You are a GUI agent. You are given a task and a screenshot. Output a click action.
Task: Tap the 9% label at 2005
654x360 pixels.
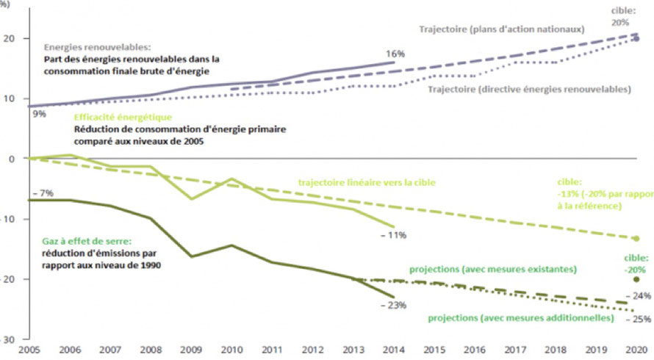click(37, 113)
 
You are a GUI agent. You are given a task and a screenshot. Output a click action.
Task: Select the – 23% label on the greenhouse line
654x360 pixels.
click(395, 306)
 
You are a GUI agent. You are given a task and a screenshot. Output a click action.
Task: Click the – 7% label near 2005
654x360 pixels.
click(42, 192)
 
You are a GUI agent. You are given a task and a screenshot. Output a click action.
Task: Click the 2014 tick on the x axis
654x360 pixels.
click(395, 352)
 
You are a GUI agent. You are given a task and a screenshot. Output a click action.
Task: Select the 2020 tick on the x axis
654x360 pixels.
click(636, 352)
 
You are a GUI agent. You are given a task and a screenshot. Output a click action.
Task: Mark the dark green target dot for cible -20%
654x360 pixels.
click(636, 280)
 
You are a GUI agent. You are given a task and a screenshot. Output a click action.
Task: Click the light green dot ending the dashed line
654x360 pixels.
click(636, 238)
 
